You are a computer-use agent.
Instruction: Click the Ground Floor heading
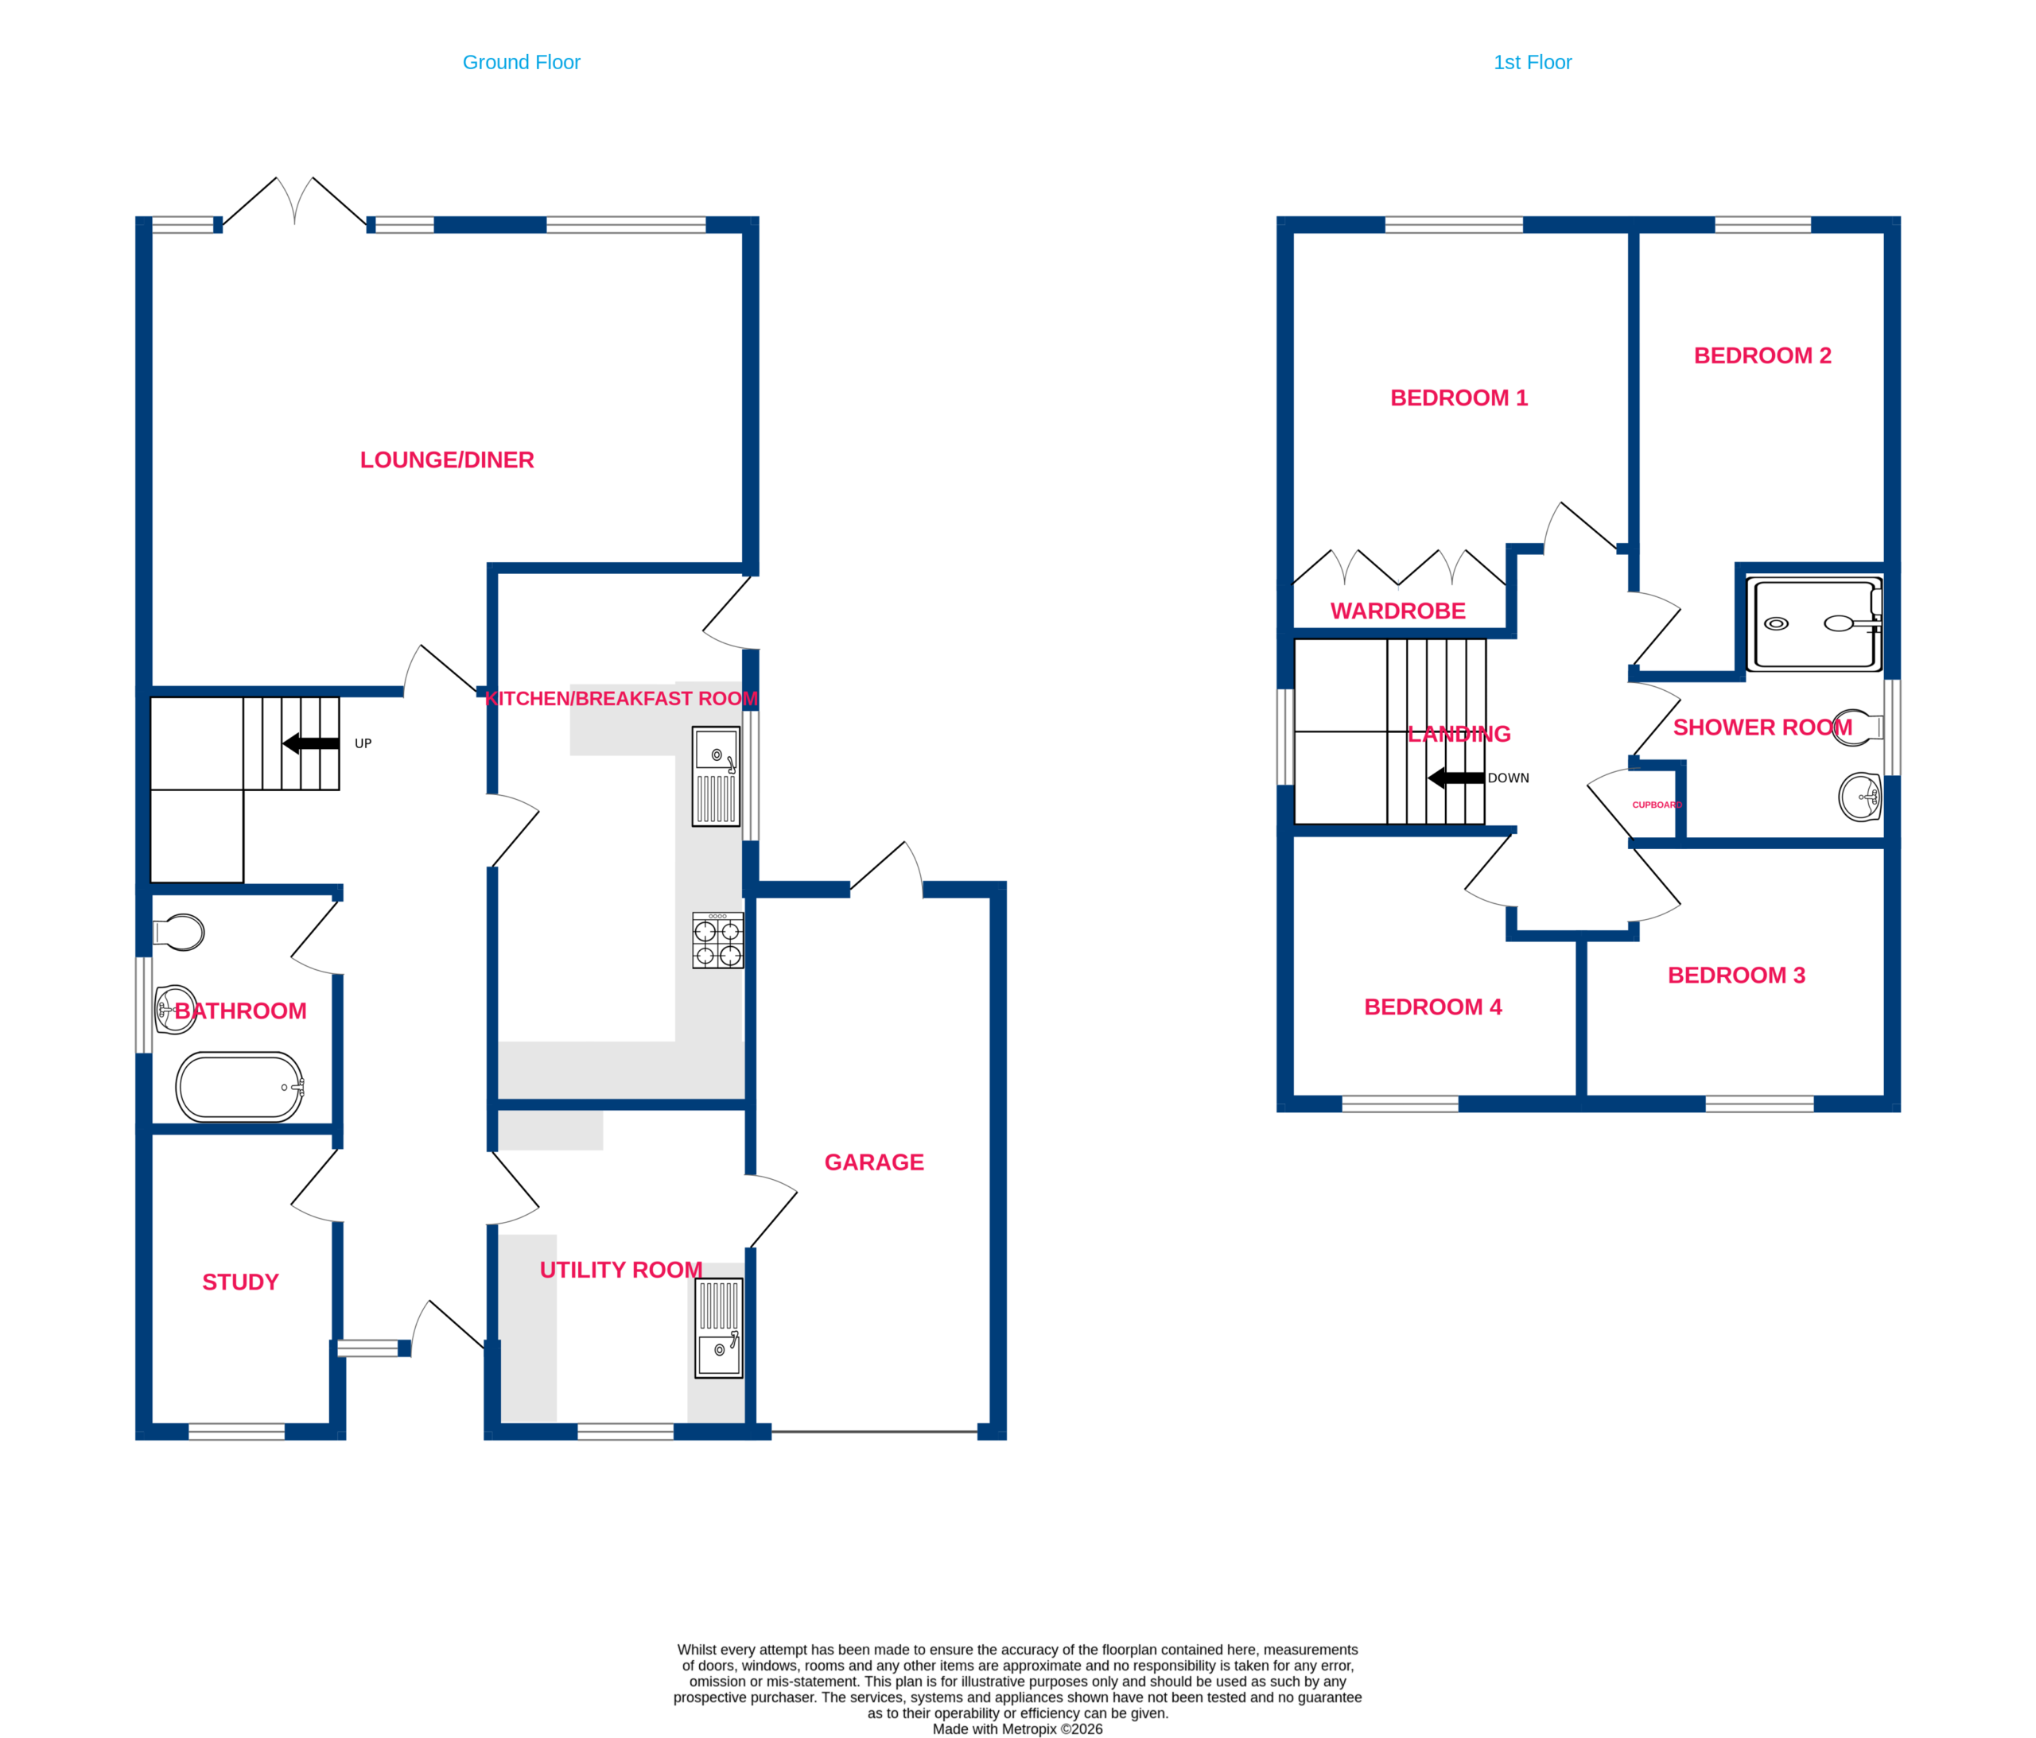pyautogui.click(x=521, y=63)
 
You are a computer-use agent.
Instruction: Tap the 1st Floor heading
pyautogui.click(x=1532, y=63)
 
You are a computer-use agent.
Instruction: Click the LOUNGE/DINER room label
pyautogui.click(x=447, y=460)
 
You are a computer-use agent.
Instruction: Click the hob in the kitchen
pyautogui.click(x=717, y=941)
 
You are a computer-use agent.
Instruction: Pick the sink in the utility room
pyautogui.click(x=719, y=1327)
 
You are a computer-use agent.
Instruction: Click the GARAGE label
pyautogui.click(x=873, y=1162)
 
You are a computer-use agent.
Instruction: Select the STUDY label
pyautogui.click(x=241, y=1282)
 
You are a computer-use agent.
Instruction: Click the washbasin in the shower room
pyautogui.click(x=1859, y=797)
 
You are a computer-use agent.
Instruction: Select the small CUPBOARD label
pyautogui.click(x=1657, y=805)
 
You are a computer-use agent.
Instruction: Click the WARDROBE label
pyautogui.click(x=1397, y=611)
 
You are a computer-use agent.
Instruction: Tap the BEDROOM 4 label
pyautogui.click(x=1432, y=1007)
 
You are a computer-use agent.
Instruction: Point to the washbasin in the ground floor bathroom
pyautogui.click(x=177, y=1010)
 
